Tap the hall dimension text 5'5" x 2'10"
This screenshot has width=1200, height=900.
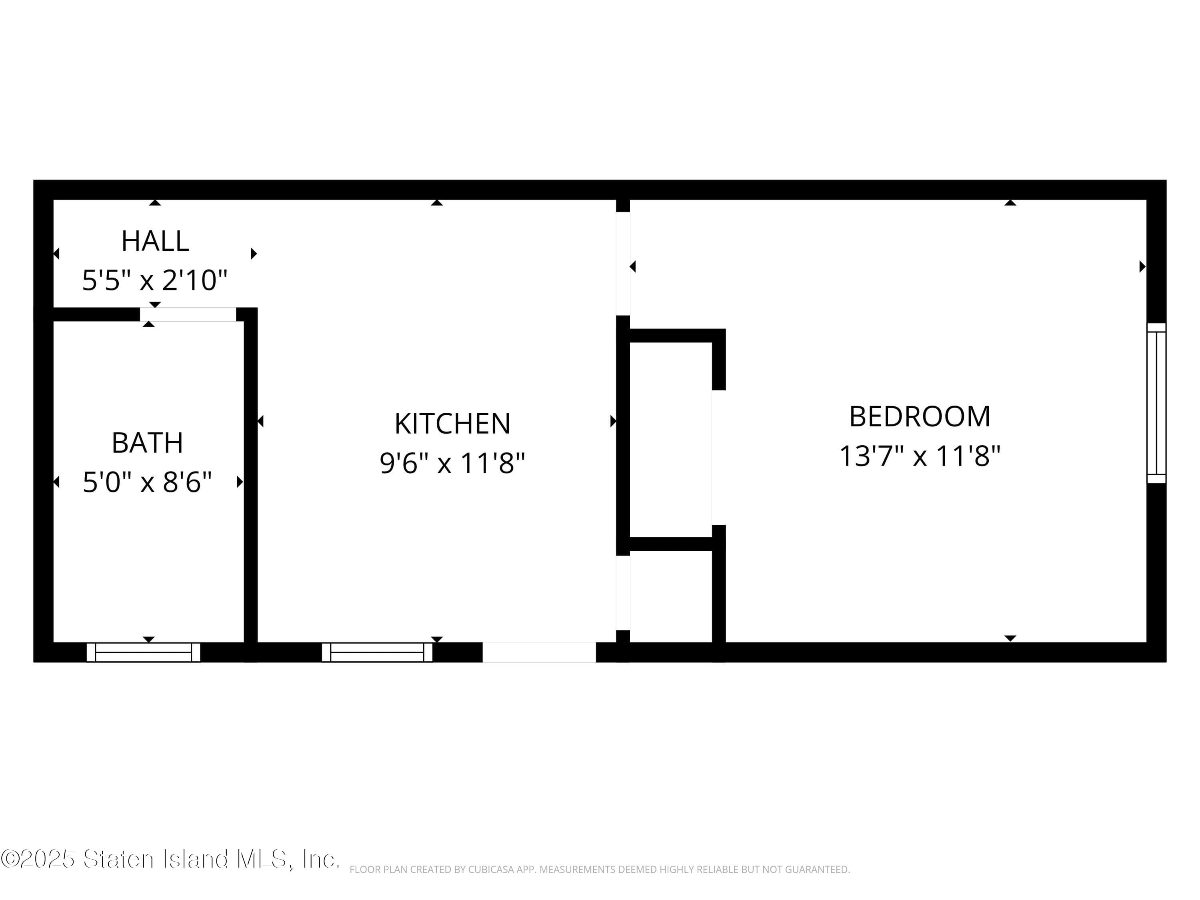point(155,280)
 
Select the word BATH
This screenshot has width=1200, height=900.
point(147,443)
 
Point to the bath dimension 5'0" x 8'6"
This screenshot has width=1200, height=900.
point(147,482)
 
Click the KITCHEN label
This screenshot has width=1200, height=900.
point(452,424)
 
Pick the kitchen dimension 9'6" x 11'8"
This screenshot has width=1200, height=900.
point(452,463)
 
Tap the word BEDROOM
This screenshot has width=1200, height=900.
point(920,417)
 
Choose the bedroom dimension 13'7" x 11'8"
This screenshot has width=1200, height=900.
point(920,456)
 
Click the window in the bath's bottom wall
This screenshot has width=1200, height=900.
point(143,652)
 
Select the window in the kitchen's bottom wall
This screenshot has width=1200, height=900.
point(377,652)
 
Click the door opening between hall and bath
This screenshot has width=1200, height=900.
point(188,314)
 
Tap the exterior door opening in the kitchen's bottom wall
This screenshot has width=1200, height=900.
point(539,652)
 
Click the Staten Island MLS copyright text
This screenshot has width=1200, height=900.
point(170,859)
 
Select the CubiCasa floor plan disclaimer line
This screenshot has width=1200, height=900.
point(600,870)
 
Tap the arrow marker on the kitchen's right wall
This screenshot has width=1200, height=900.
point(613,421)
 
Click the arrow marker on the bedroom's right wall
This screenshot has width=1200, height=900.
point(1142,266)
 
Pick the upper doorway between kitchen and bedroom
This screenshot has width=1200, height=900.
point(623,263)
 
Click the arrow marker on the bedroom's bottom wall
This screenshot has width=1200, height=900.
point(1010,638)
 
